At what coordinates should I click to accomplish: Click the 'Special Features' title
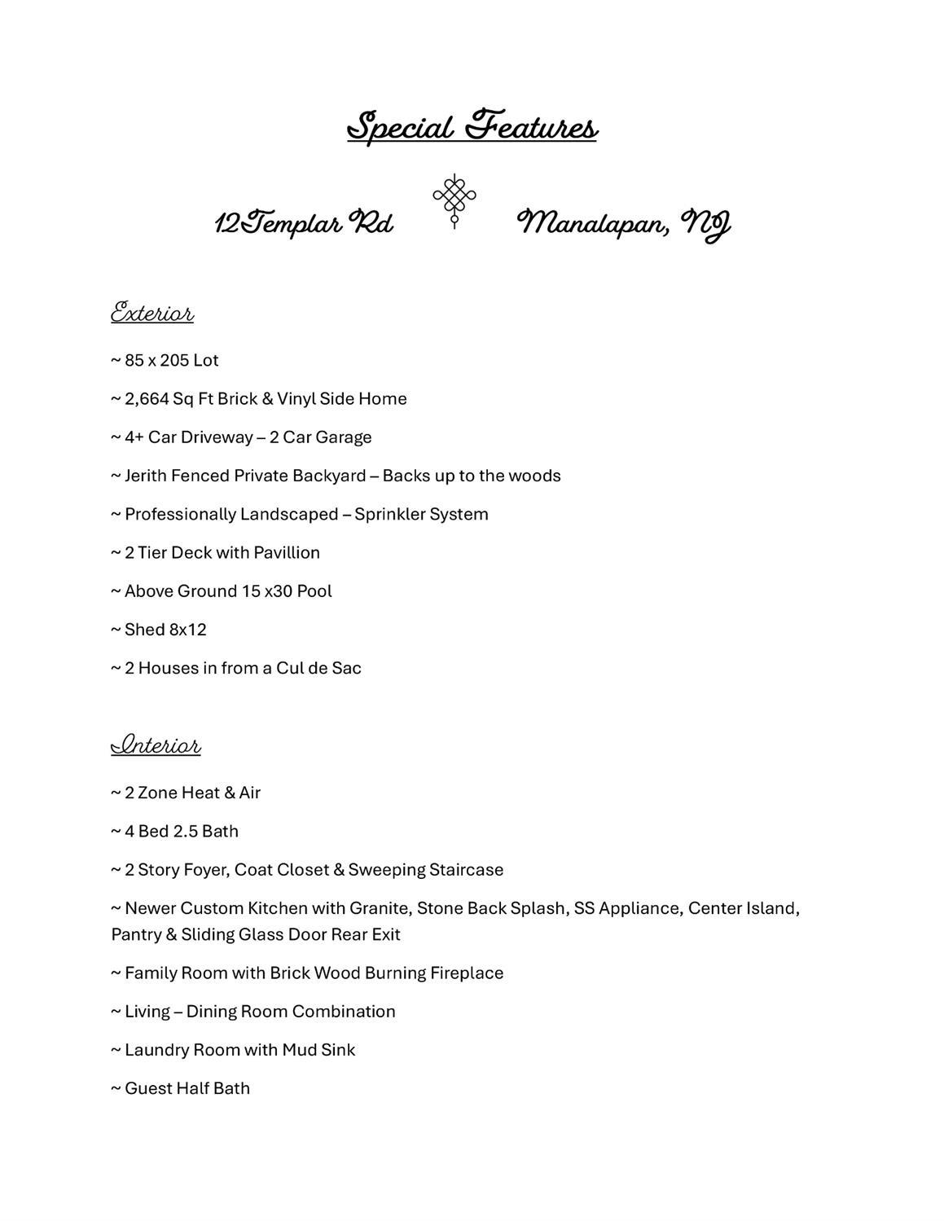pyautogui.click(x=472, y=127)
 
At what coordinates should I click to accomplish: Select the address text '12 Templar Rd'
pyautogui.click(x=304, y=222)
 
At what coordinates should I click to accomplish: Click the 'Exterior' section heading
pyautogui.click(x=152, y=313)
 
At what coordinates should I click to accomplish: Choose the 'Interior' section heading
pyautogui.click(x=156, y=745)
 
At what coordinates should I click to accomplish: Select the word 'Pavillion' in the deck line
pyautogui.click(x=287, y=553)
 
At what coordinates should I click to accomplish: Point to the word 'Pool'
pyautogui.click(x=314, y=591)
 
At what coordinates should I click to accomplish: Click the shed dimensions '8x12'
pyautogui.click(x=187, y=630)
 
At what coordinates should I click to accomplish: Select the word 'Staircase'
pyautogui.click(x=466, y=870)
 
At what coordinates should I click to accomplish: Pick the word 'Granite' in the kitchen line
pyautogui.click(x=380, y=908)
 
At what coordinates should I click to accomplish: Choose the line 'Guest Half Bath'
pyautogui.click(x=187, y=1088)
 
